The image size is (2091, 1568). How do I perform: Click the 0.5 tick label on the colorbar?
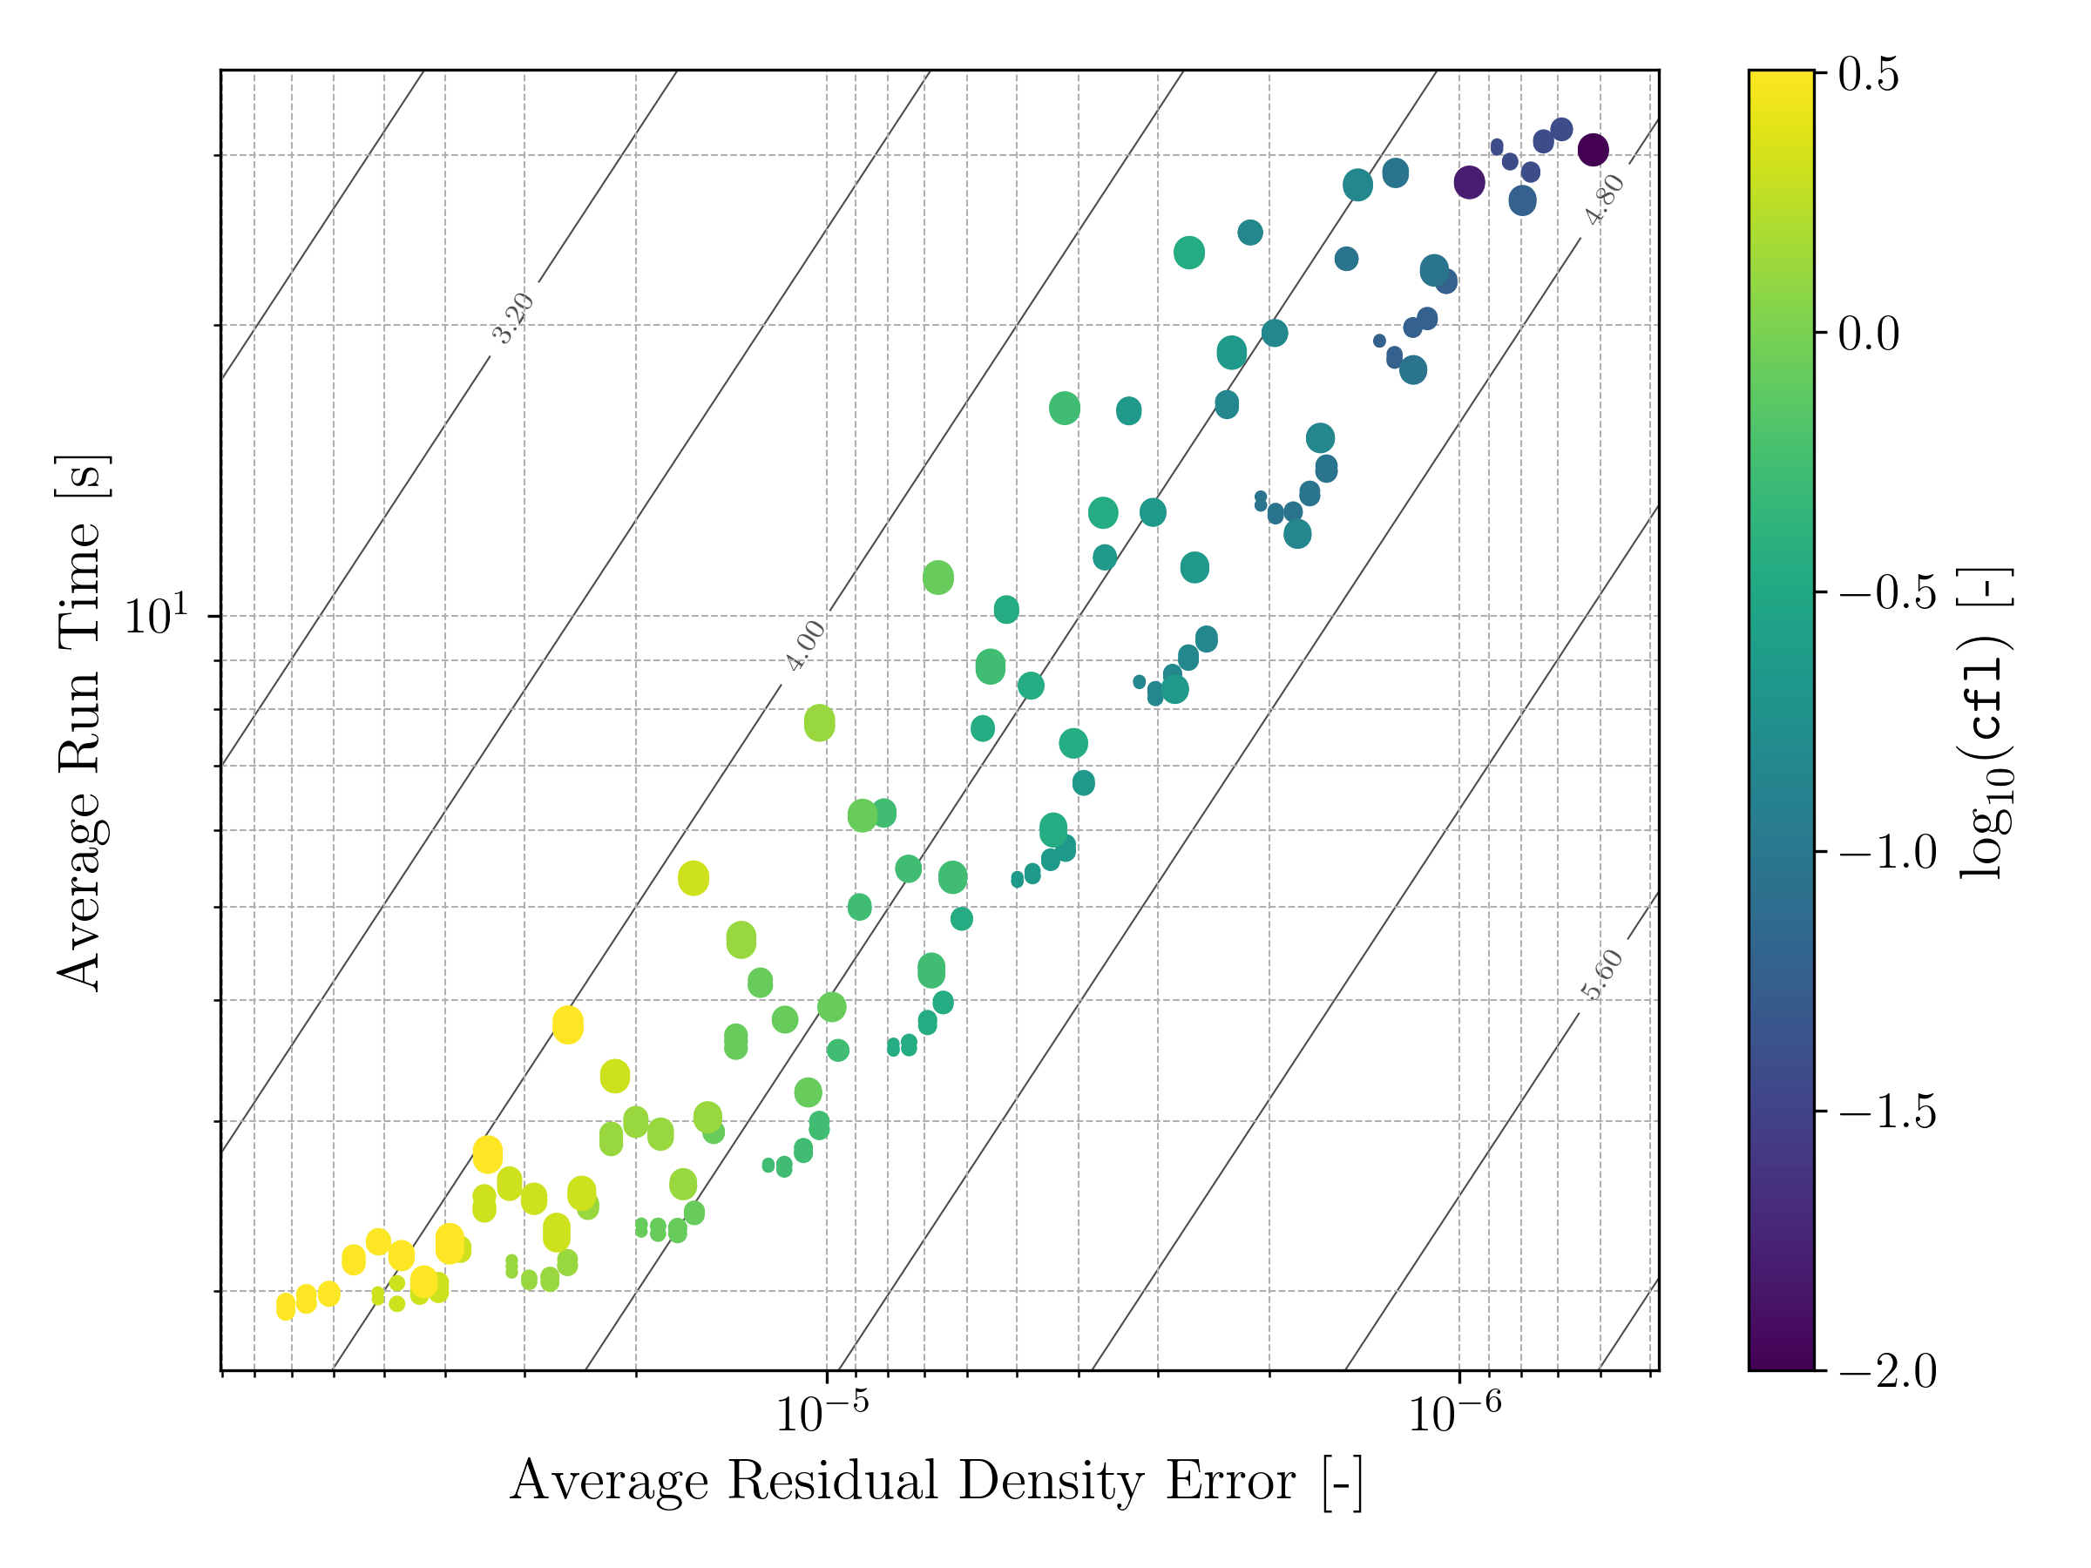pos(1868,76)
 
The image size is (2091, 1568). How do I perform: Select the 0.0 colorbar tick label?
pos(1868,335)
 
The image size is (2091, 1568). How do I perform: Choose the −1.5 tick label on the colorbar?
pos(1887,1112)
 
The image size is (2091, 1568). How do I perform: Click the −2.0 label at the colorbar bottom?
pos(1887,1371)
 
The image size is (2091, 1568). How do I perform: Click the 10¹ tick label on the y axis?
pos(157,615)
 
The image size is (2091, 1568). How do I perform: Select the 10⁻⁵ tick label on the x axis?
pos(822,1413)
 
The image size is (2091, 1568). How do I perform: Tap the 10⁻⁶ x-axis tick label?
pos(1454,1413)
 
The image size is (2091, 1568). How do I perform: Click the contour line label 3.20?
pos(513,319)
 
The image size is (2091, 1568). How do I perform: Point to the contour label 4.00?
pos(805,646)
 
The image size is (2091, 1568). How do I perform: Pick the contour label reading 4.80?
pos(1604,199)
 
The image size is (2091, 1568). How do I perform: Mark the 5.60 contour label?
pos(1601,975)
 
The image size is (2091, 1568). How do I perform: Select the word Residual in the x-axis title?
pos(832,1480)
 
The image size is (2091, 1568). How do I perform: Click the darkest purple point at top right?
pos(1594,149)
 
